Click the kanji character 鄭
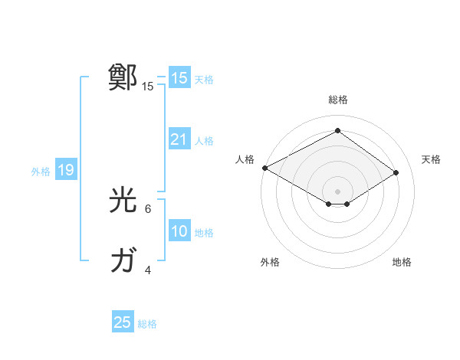(123, 77)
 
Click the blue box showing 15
(179, 78)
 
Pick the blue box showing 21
(179, 139)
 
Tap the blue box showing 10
(179, 231)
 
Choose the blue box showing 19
(65, 170)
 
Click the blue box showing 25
(123, 322)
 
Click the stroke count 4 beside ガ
(148, 270)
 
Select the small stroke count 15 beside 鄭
(148, 87)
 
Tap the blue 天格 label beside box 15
(204, 79)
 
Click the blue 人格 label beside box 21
(204, 140)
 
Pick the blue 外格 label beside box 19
(41, 172)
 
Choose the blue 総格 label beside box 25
(147, 323)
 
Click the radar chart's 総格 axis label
(337, 100)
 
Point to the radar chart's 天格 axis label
(431, 159)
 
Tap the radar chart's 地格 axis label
(402, 262)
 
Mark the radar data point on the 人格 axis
(264, 167)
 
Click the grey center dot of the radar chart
(337, 191)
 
